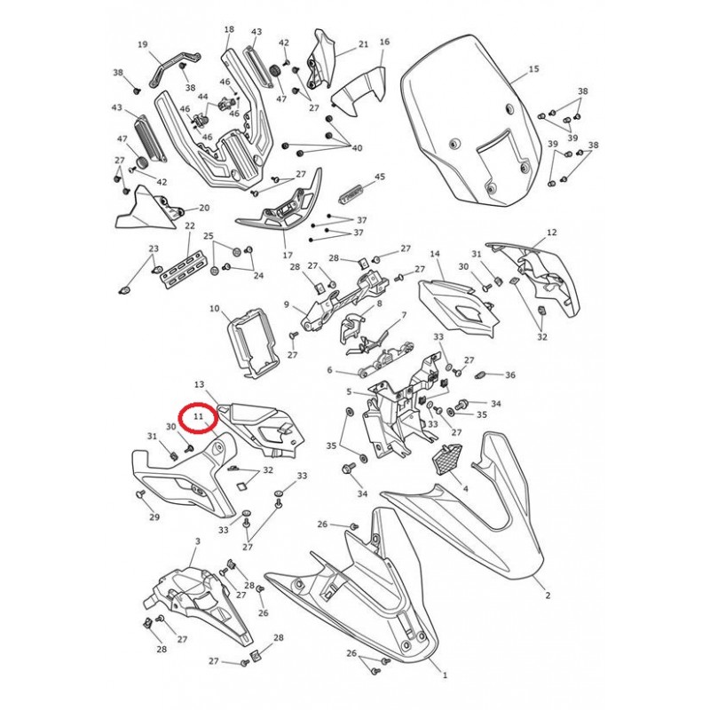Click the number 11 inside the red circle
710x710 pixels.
(x=198, y=416)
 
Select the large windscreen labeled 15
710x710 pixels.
(x=471, y=120)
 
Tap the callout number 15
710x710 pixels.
(x=534, y=69)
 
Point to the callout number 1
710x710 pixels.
(x=446, y=675)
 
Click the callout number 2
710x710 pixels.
(x=548, y=596)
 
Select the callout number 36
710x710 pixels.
(x=510, y=375)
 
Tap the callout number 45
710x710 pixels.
(x=380, y=176)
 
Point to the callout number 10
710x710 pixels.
(x=214, y=308)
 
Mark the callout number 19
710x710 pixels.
(x=143, y=44)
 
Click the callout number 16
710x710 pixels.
(x=384, y=42)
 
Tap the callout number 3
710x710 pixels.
(x=197, y=541)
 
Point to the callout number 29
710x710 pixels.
(x=154, y=517)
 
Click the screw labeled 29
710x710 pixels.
(x=140, y=494)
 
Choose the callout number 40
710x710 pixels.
(x=357, y=148)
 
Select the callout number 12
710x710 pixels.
(x=552, y=233)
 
